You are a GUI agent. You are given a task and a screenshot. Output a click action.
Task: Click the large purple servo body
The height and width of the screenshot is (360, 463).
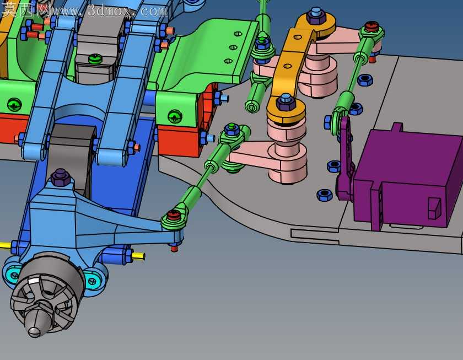coord(407,176)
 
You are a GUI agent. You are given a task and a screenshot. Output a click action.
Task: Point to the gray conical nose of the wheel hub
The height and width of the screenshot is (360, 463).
coord(35,324)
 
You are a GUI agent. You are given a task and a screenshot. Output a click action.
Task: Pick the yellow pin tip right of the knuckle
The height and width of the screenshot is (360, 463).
coord(138,256)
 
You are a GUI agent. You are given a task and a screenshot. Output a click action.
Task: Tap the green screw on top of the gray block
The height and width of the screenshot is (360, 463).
coord(95,59)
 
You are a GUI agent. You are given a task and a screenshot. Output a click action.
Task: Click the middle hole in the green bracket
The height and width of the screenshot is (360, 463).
coord(233,47)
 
